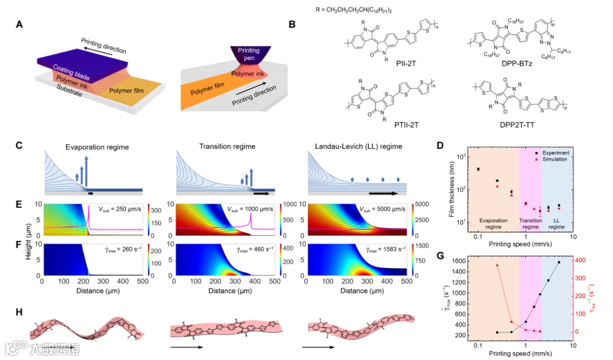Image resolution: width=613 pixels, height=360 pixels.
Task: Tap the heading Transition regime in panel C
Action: tap(224, 146)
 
